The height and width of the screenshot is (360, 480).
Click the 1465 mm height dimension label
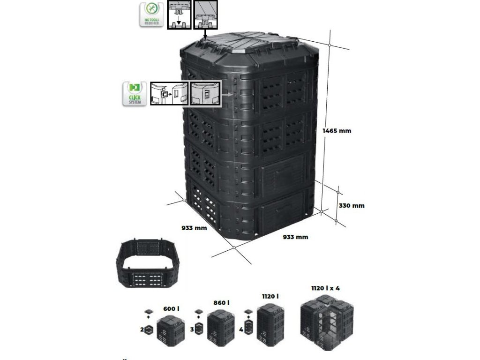click(337, 131)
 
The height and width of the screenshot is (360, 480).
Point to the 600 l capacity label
click(171, 308)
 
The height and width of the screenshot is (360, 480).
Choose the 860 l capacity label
click(221, 303)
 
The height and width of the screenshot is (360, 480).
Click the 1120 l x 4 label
click(326, 288)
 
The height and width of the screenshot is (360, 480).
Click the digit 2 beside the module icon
click(142, 330)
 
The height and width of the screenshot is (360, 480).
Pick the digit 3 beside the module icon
click(192, 330)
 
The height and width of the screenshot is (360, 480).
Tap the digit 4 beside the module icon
click(241, 330)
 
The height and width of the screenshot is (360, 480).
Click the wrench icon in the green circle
click(151, 9)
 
